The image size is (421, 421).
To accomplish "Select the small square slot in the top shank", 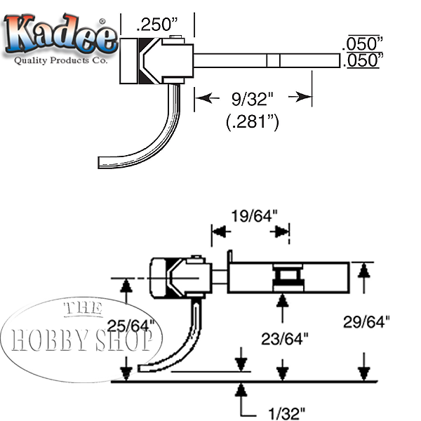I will pos(272,60).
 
